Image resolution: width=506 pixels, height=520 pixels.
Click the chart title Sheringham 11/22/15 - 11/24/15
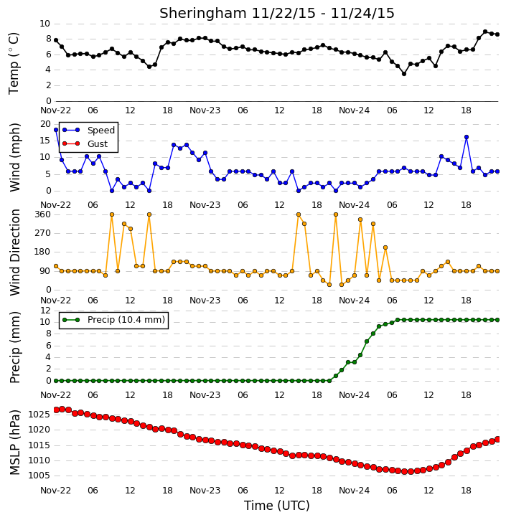pos(277,13)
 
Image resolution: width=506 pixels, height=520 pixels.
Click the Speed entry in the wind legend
pos(101,131)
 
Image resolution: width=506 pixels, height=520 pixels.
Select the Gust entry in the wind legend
pos(97,144)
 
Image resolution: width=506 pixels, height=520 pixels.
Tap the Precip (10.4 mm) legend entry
pos(126,320)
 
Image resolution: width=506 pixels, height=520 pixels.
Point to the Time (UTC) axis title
pos(277,506)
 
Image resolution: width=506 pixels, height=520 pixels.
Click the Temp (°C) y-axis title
pos(14,63)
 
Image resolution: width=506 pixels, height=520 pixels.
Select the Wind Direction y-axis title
pos(14,252)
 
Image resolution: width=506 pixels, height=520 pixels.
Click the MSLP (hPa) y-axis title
pos(14,443)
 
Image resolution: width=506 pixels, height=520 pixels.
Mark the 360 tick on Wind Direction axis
pos(43,214)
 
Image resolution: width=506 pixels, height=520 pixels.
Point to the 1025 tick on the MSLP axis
pos(39,415)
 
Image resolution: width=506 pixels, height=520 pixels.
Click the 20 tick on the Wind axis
pos(45,124)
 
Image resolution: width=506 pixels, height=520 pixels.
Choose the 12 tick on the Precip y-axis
pos(45,311)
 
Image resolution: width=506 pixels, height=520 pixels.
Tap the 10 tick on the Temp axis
pos(44,24)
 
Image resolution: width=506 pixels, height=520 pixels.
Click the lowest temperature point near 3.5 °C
pos(404,74)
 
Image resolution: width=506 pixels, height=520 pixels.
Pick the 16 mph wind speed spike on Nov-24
pos(467,137)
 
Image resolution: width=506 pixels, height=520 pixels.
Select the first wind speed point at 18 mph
pos(56,130)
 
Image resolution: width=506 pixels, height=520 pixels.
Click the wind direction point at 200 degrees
pos(385,247)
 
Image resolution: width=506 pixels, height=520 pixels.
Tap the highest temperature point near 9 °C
pos(485,32)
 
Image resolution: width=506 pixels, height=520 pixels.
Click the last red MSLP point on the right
pos(497,440)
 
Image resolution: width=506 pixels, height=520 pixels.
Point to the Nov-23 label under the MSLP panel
pos(205,490)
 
